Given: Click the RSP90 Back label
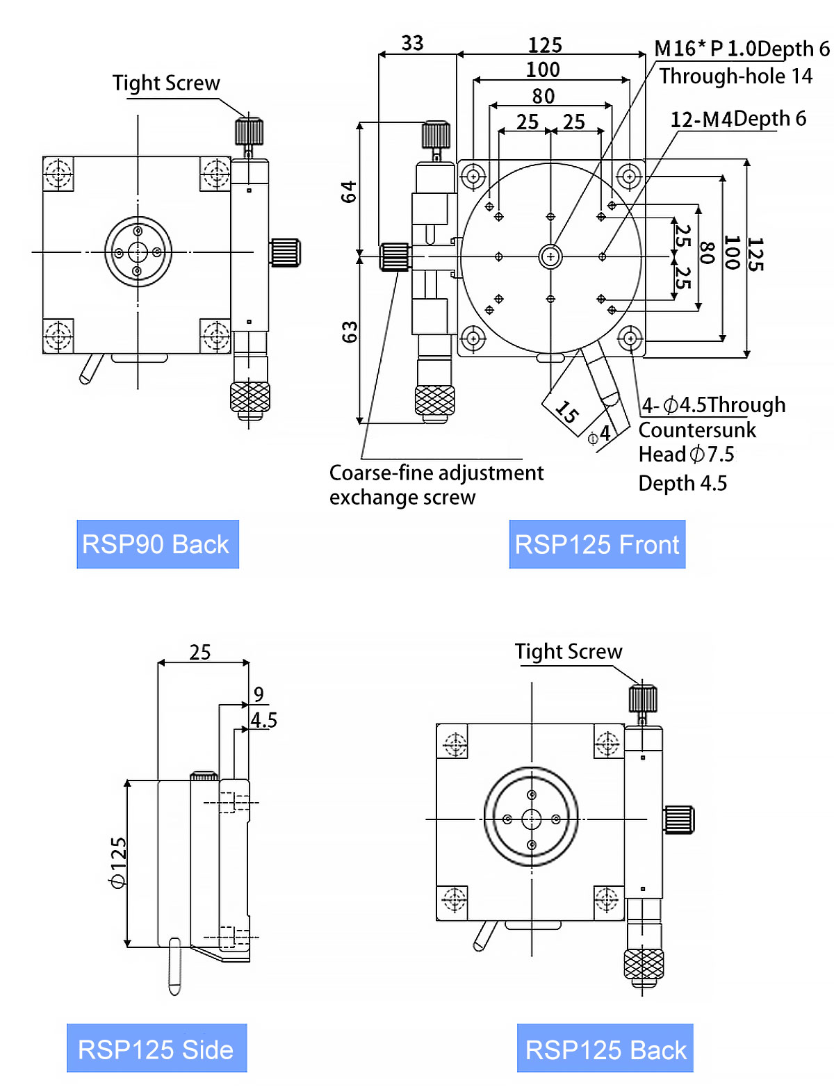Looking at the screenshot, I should pyautogui.click(x=157, y=544).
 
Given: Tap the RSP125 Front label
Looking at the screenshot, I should pyautogui.click(x=597, y=544).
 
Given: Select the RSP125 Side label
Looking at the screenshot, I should pyautogui.click(x=156, y=1048).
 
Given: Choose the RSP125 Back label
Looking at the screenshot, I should pyautogui.click(x=605, y=1048).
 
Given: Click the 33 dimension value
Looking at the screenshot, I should pyautogui.click(x=412, y=43).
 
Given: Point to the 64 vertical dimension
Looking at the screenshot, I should pyautogui.click(x=348, y=191).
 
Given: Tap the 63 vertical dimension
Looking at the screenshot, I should pyautogui.click(x=350, y=332).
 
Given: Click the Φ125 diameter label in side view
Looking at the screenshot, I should pyautogui.click(x=118, y=863).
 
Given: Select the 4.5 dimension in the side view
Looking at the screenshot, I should pyautogui.click(x=264, y=720).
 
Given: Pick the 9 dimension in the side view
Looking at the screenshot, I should pyautogui.click(x=259, y=694).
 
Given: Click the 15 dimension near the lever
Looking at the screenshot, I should pyautogui.click(x=567, y=412).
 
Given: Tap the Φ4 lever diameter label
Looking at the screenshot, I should pyautogui.click(x=599, y=435).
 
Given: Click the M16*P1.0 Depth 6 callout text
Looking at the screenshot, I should pyautogui.click(x=742, y=49).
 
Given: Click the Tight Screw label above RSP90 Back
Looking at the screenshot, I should pyautogui.click(x=166, y=83).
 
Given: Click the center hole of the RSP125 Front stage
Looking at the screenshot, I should pyautogui.click(x=550, y=256).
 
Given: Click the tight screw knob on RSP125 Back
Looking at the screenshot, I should pyautogui.click(x=643, y=698).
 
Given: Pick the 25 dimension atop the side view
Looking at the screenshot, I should pyautogui.click(x=200, y=652).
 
